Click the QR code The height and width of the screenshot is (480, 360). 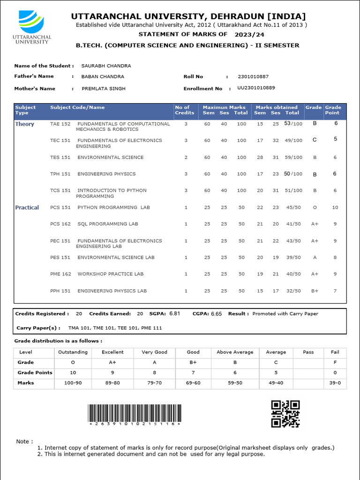click(285, 414)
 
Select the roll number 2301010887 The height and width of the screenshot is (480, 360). click(254, 76)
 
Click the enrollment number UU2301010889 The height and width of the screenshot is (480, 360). click(256, 88)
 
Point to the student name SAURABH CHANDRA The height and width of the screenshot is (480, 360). click(106, 66)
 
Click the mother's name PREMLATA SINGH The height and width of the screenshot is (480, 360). click(103, 89)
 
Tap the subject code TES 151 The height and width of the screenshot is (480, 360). click(60, 157)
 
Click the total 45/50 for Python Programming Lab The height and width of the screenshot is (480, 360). click(293, 208)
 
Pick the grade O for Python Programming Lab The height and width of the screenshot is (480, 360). click(315, 208)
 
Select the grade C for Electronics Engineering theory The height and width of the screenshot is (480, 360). click(315, 140)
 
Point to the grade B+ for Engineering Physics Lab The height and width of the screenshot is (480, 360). click(315, 291)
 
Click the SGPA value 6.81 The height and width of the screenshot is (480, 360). click(174, 314)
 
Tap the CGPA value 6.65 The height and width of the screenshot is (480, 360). click(216, 314)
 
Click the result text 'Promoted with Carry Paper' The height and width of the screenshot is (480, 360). click(285, 314)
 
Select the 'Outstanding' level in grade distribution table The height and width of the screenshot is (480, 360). click(73, 352)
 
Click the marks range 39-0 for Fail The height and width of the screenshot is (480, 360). click(335, 383)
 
